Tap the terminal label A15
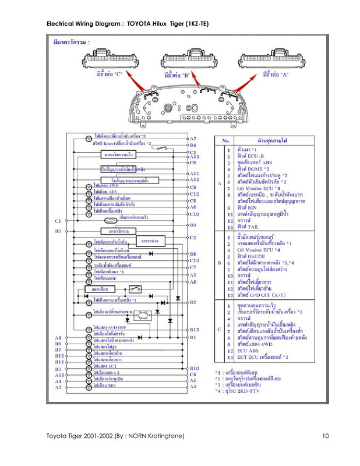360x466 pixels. click(59, 376)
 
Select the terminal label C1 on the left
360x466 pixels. click(58, 221)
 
